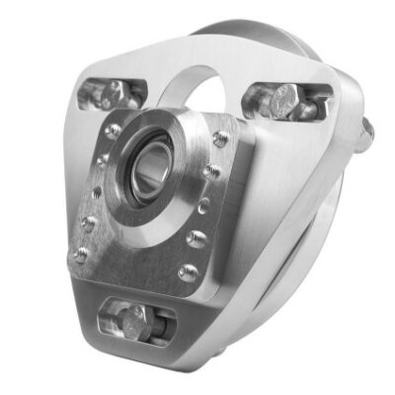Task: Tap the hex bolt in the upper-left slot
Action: (x=115, y=94)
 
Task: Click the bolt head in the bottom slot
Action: (x=139, y=321)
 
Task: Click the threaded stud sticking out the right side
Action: (x=364, y=134)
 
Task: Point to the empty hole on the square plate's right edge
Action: (x=203, y=206)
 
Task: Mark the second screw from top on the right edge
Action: (x=211, y=173)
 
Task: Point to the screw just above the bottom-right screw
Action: (x=197, y=239)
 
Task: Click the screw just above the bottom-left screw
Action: (x=88, y=224)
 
